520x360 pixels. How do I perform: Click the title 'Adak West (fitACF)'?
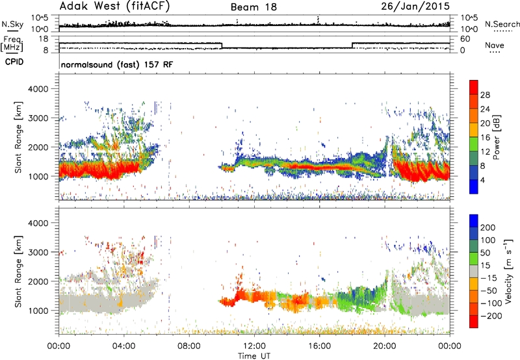point(114,6)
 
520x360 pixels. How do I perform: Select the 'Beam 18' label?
point(253,7)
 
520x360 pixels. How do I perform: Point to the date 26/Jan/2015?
point(415,6)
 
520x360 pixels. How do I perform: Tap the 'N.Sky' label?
point(12,24)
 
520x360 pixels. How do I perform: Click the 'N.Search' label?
point(502,24)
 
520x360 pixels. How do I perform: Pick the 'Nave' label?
point(495,45)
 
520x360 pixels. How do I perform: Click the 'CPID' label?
point(14,62)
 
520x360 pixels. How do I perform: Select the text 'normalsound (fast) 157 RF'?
point(117,64)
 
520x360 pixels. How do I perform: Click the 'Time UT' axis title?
point(254,356)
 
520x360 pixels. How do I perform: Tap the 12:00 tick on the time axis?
point(254,346)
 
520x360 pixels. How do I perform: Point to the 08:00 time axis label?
point(189,346)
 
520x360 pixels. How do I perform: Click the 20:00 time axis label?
point(385,346)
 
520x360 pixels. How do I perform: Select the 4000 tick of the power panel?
point(38,89)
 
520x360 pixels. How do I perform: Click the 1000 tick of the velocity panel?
point(38,311)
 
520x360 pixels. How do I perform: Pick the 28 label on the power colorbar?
point(485,95)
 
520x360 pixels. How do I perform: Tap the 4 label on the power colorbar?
point(483,180)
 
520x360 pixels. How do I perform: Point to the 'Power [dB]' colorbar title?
point(497,137)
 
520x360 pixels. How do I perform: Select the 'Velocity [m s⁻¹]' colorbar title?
point(509,271)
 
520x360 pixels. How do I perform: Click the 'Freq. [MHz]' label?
point(12,44)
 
